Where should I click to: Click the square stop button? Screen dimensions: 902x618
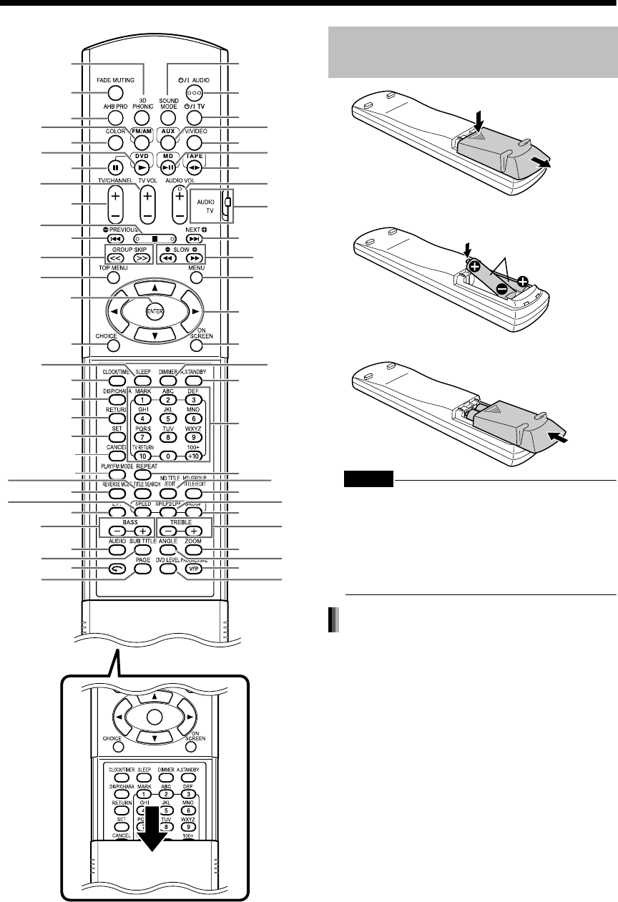[x=154, y=238]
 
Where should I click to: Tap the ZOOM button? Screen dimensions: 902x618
[x=195, y=552]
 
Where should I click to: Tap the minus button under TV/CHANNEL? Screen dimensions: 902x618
[x=113, y=215]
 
